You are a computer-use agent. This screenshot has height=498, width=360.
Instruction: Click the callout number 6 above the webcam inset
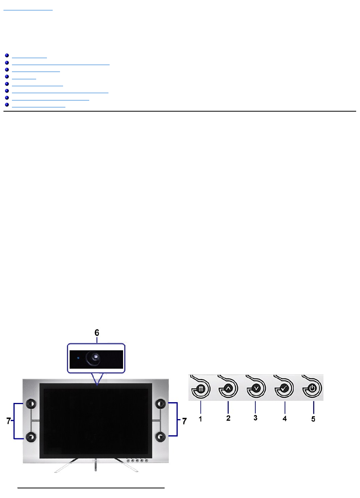point(97,333)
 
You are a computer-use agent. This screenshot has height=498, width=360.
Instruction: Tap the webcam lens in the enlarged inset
point(93,358)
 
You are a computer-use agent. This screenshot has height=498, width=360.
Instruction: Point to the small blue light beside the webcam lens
point(78,358)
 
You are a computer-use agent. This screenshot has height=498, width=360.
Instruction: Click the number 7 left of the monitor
point(9,421)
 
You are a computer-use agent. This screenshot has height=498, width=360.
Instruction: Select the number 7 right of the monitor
point(185,421)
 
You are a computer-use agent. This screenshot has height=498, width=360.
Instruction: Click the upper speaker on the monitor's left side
point(31,404)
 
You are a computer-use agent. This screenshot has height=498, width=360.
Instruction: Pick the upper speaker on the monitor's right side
point(160,404)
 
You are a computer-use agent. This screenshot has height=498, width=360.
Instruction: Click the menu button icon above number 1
point(201,389)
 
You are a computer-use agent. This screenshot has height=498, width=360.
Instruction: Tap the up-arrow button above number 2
point(228,389)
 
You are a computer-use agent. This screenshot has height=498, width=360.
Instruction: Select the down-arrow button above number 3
point(256,389)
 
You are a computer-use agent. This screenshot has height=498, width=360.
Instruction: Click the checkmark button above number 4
point(284,389)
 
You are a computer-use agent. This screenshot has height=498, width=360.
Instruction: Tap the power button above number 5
point(312,389)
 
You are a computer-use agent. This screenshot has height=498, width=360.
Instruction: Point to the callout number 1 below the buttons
point(200,419)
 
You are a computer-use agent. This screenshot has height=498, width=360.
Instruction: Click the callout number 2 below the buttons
point(228,418)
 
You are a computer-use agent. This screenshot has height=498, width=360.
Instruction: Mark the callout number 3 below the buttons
point(255,418)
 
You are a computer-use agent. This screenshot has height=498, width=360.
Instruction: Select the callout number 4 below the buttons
point(285,418)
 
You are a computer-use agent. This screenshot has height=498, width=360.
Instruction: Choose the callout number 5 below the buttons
point(313,419)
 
